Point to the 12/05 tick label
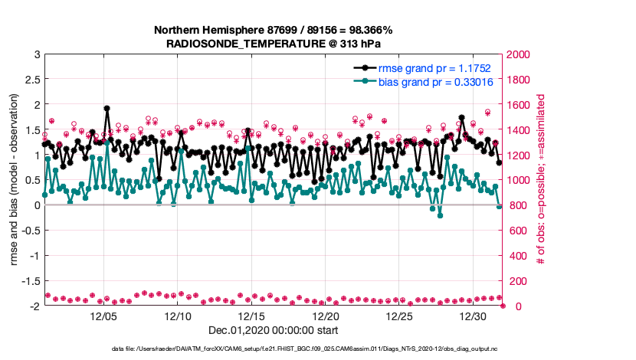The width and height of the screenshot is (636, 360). point(103,316)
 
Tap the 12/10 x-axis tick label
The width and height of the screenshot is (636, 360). point(178,316)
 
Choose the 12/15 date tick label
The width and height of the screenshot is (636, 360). point(251,316)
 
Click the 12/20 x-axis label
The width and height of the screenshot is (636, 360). point(326,316)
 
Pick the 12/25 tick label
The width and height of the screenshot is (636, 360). point(400,316)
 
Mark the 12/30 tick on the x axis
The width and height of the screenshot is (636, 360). point(474,316)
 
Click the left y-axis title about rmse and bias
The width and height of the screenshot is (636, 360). point(15,180)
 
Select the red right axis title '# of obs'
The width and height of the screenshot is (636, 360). point(540,180)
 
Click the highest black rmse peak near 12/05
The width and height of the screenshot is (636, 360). point(107,109)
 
